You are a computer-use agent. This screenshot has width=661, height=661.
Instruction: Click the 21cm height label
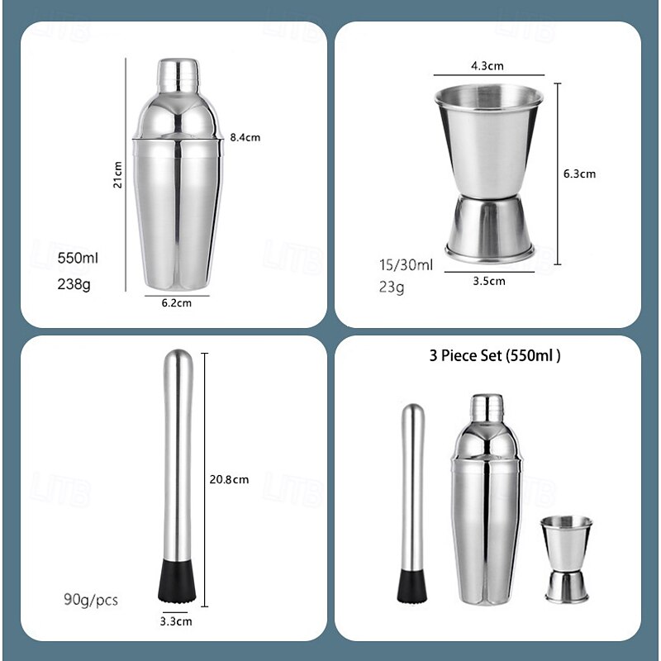(x=117, y=174)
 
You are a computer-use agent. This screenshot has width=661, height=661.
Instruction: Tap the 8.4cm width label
(x=245, y=137)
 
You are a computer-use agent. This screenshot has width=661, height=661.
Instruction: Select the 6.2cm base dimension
(x=177, y=303)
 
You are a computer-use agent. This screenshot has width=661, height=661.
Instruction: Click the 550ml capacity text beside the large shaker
(x=78, y=258)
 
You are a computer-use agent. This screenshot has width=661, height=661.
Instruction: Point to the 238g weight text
(x=74, y=284)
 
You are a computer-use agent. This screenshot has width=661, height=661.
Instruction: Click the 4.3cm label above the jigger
(x=487, y=66)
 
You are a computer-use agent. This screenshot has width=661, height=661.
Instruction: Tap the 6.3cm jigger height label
(x=580, y=174)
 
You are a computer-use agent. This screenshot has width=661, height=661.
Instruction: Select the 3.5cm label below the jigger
(x=489, y=281)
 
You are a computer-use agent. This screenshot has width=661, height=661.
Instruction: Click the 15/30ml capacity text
(x=406, y=265)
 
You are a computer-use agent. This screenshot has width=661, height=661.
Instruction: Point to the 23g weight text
(x=392, y=288)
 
